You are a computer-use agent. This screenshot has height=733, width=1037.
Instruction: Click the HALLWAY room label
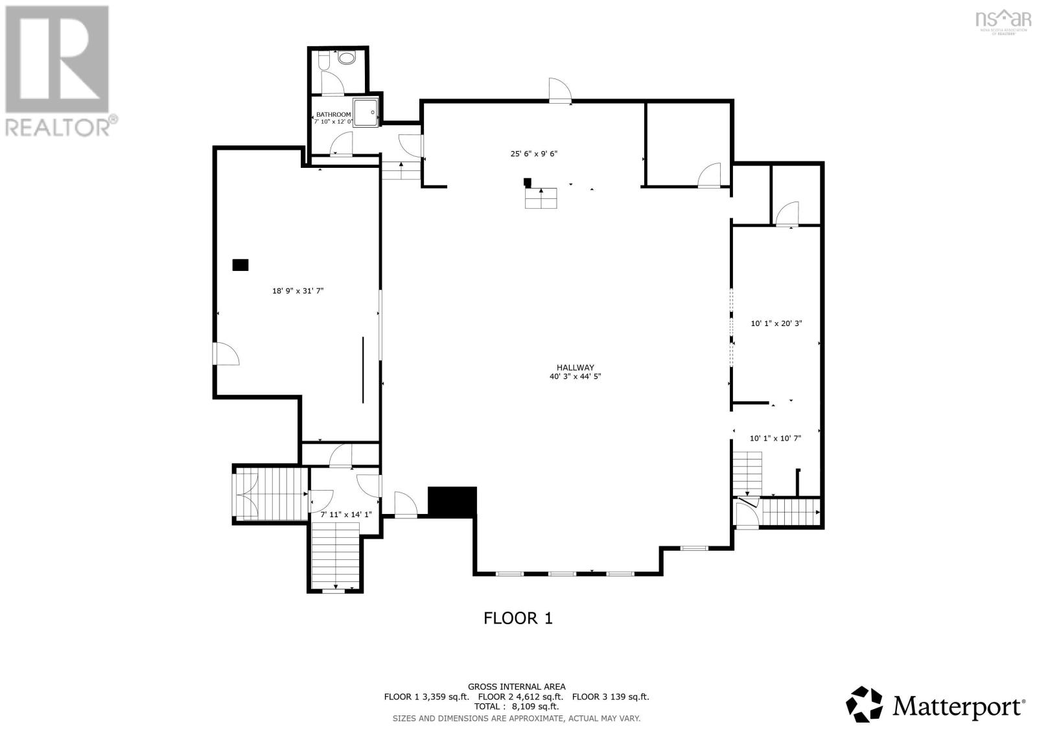tap(575, 367)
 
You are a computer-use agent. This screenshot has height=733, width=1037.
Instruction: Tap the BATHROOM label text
tap(333, 115)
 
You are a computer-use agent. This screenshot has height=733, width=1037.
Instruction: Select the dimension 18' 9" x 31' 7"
tap(297, 292)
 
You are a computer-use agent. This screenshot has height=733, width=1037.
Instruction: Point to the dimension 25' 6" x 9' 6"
tap(533, 154)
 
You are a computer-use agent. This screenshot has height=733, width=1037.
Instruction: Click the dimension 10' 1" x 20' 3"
tap(776, 323)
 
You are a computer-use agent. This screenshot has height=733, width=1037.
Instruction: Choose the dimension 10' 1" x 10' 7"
tap(775, 438)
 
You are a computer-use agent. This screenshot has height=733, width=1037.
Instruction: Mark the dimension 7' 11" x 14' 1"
tap(346, 515)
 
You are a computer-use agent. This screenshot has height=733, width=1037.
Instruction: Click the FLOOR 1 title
tap(518, 618)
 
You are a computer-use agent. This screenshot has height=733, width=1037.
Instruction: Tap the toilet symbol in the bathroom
tap(323, 60)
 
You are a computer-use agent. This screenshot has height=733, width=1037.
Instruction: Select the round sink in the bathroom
tap(348, 58)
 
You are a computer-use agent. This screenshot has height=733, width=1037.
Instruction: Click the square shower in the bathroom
tap(365, 111)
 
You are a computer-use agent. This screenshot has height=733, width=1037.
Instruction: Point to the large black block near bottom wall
tap(452, 502)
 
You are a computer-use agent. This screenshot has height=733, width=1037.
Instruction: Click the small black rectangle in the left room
tap(240, 264)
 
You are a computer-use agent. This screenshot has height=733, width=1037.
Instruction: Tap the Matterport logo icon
tap(865, 704)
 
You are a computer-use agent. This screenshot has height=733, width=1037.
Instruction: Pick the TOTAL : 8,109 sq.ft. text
tap(517, 707)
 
